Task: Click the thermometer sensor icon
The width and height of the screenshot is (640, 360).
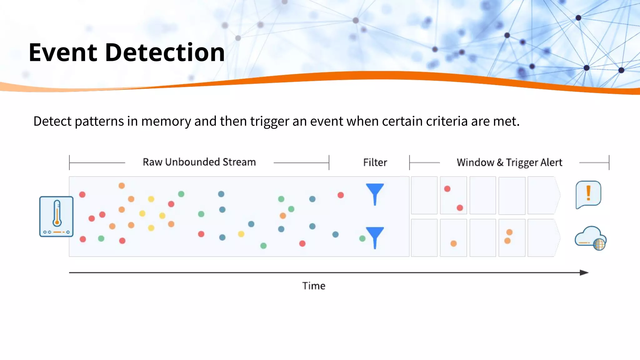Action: [57, 217]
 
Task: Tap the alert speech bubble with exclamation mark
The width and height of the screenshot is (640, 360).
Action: [588, 194]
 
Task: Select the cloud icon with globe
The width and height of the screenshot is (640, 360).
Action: [590, 238]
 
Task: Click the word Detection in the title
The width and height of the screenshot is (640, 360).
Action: [165, 52]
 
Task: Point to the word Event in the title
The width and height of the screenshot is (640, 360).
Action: [63, 52]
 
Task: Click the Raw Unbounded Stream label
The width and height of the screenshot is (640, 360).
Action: [199, 162]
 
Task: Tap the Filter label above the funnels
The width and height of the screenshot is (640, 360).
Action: [375, 162]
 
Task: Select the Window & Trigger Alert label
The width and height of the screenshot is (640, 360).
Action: [509, 162]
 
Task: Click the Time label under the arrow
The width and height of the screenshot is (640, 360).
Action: [314, 286]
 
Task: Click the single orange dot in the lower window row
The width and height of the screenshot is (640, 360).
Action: [453, 243]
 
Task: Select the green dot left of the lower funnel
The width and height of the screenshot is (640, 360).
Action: [362, 239]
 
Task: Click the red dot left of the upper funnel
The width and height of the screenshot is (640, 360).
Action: [341, 195]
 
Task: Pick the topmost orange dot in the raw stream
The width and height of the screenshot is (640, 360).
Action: [122, 186]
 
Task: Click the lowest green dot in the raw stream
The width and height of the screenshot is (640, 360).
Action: [263, 246]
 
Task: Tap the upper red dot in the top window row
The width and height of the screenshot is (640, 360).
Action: [447, 189]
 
